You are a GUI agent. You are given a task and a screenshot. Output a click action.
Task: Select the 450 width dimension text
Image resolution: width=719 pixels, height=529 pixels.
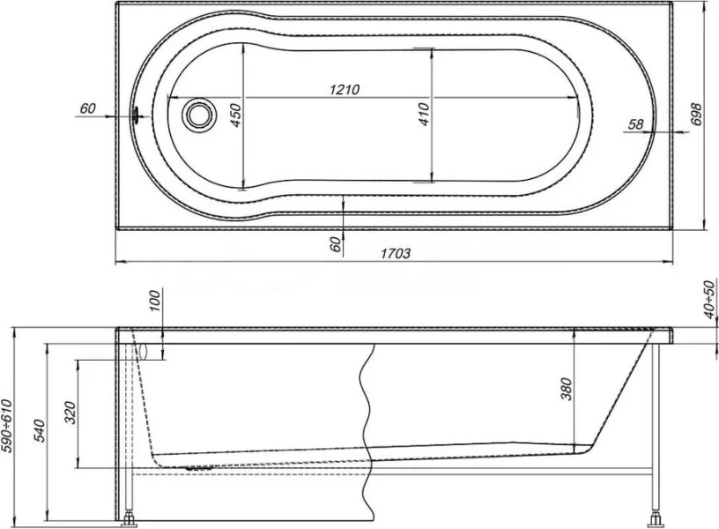click(235, 115)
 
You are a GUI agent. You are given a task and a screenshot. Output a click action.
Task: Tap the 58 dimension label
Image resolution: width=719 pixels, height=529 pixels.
click(634, 125)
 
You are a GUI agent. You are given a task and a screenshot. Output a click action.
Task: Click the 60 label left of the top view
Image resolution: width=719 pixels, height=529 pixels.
click(87, 108)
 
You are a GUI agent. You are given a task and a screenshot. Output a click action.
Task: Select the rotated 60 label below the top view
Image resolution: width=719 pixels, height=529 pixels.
click(335, 244)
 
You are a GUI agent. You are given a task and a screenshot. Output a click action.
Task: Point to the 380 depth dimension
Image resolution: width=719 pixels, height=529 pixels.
click(566, 388)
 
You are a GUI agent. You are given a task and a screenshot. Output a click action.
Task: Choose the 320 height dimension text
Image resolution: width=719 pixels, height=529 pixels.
click(70, 412)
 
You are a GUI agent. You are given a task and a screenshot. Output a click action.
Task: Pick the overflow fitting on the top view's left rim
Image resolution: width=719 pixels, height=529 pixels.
click(136, 115)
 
